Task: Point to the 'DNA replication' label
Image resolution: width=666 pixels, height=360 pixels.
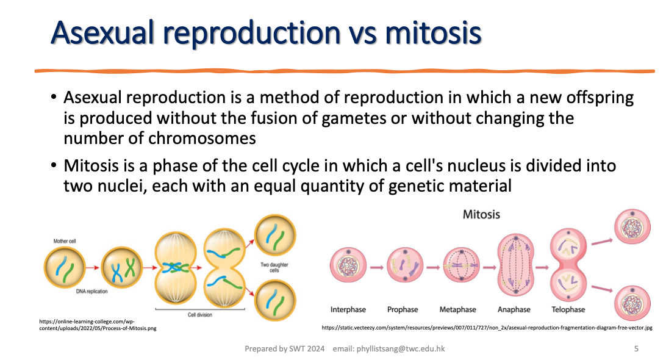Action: tap(91, 292)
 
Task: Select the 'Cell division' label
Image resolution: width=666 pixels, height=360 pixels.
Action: tap(201, 315)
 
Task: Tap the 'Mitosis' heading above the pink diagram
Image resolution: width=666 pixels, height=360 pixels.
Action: tap(481, 214)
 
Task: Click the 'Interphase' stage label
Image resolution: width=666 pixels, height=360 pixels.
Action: tap(348, 309)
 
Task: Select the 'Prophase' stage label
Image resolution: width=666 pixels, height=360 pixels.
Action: tap(403, 309)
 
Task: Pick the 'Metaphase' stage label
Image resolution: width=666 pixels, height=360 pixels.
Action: tap(457, 309)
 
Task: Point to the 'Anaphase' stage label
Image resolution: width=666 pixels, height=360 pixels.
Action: tap(514, 309)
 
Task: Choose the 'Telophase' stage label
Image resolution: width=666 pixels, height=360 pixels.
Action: tap(568, 309)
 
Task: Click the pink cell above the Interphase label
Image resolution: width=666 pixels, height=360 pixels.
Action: tap(349, 267)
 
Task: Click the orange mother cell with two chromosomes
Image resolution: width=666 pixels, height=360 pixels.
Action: tap(64, 267)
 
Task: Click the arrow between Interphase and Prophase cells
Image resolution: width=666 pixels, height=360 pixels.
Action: tap(376, 267)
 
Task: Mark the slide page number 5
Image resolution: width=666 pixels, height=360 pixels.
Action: tap(636, 349)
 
